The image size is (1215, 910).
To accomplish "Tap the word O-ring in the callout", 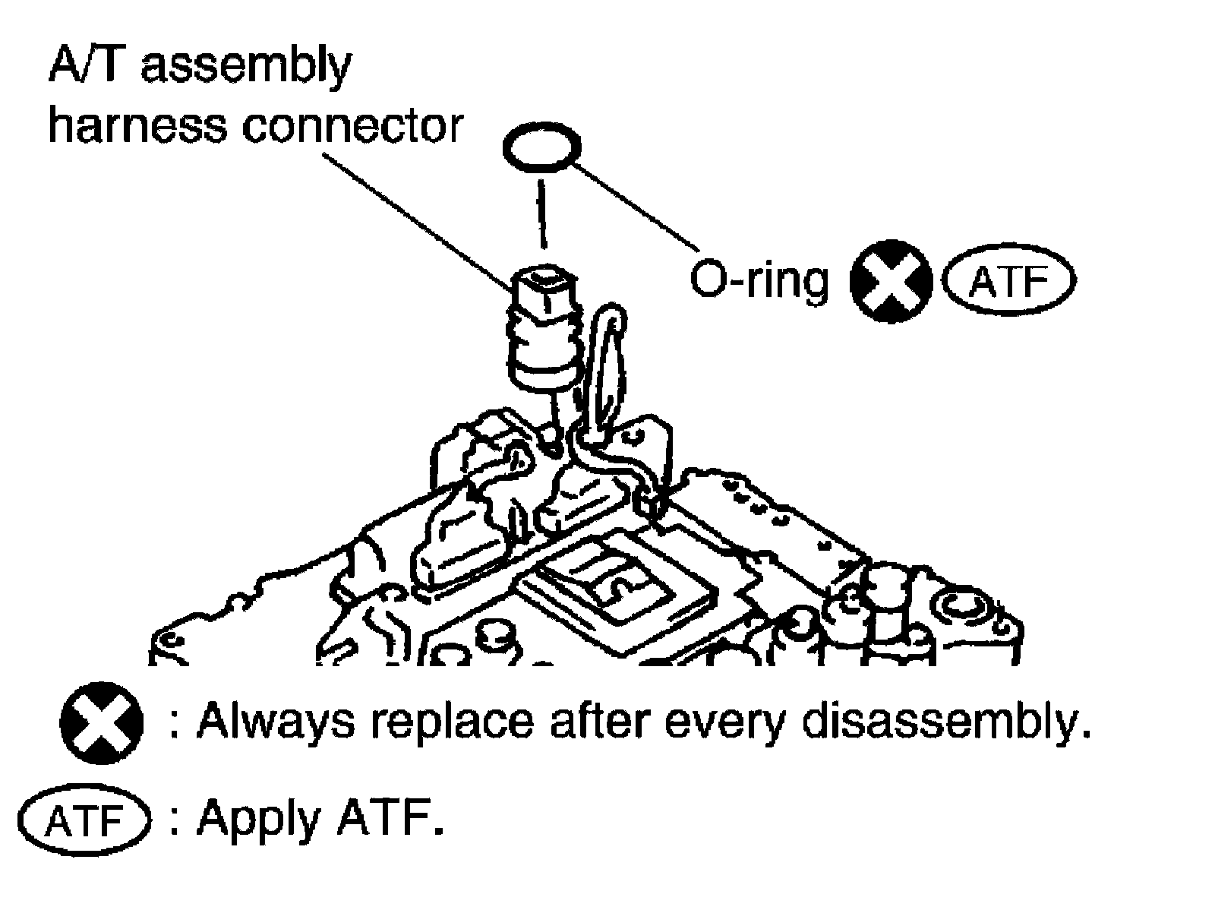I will [x=759, y=281].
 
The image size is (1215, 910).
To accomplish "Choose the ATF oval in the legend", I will [x=84, y=822].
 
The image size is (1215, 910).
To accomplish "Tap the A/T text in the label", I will [x=87, y=65].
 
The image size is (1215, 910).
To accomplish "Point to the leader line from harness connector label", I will [x=418, y=220].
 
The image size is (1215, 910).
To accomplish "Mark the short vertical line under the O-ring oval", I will [x=541, y=213].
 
